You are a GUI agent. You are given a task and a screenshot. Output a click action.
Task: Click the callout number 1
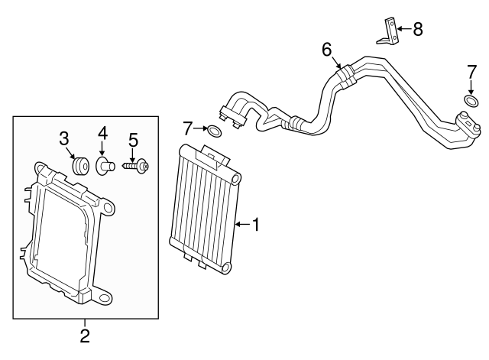(256, 225)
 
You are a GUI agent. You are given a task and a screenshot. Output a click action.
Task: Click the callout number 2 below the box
(85, 335)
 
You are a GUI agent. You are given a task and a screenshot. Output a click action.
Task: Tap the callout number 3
(65, 138)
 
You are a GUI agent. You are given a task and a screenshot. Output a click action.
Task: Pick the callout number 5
(133, 140)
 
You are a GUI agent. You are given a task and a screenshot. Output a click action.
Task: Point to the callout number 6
(327, 50)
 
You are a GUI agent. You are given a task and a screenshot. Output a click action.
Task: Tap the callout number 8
(417, 30)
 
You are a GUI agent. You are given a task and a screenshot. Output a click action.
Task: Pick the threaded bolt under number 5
(136, 165)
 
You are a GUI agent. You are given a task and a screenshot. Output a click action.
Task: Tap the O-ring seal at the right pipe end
(471, 101)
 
